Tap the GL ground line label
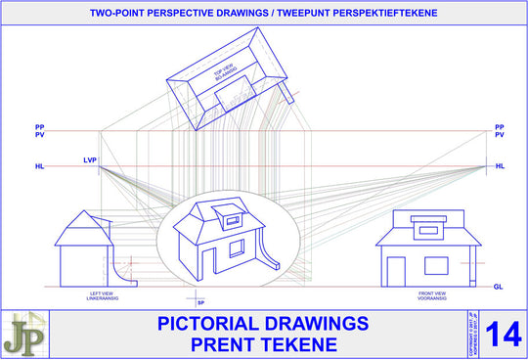[499, 286]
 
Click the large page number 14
[503, 332]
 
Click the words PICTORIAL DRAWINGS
[262, 323]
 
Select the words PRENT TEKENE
[262, 343]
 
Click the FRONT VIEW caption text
[432, 293]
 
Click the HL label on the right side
[500, 166]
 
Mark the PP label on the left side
[39, 126]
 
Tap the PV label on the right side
[500, 135]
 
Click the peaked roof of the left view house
[85, 230]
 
